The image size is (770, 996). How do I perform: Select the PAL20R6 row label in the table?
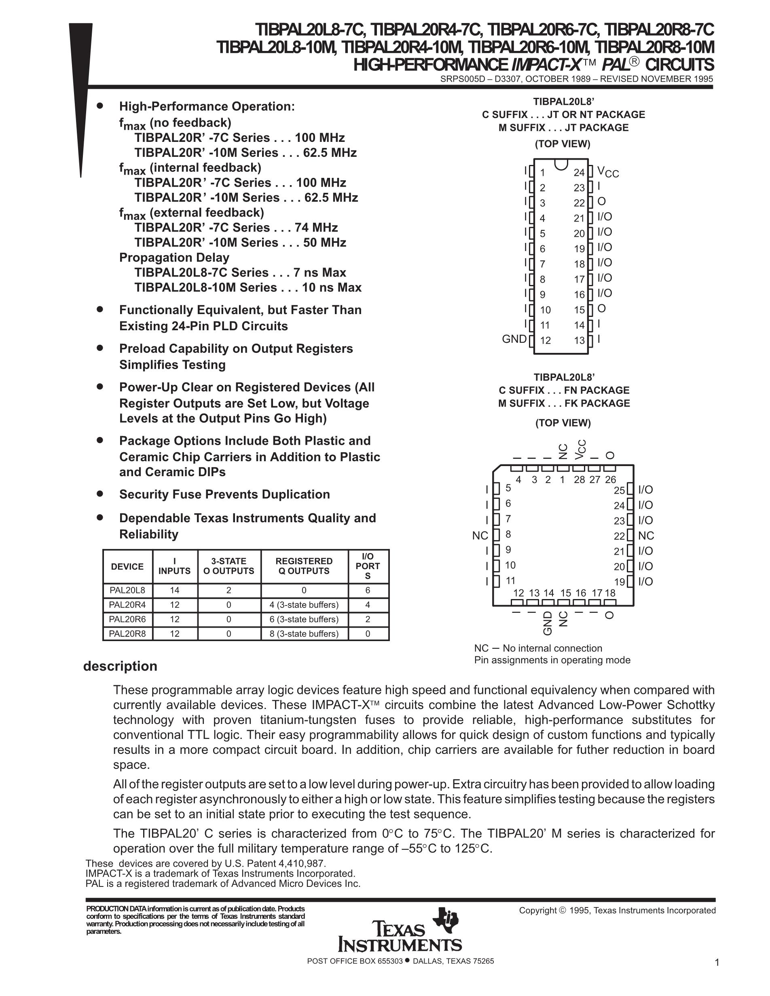point(127,619)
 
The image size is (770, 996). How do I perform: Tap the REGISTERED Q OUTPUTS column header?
point(304,566)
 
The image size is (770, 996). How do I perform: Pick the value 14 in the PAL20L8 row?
point(175,590)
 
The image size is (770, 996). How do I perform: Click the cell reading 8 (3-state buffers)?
point(304,633)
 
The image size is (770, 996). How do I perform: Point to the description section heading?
point(120,666)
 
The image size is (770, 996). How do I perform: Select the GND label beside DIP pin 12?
point(514,339)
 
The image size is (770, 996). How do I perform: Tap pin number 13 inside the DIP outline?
point(580,340)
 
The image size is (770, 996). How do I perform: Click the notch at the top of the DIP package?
point(561,163)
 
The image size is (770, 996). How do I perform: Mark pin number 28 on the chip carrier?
point(580,480)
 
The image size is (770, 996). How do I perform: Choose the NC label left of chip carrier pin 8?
point(480,536)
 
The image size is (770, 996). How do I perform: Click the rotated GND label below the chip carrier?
point(548,623)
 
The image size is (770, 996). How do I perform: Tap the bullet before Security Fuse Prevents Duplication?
point(100,493)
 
